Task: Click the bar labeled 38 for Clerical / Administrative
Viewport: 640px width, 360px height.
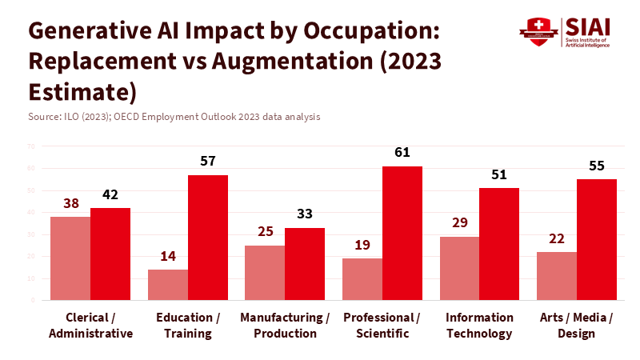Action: pyautogui.click(x=70, y=258)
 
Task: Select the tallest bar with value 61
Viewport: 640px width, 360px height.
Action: pyautogui.click(x=402, y=233)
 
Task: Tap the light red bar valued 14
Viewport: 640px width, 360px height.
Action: pyautogui.click(x=168, y=284)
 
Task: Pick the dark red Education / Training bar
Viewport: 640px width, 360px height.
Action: pyautogui.click(x=208, y=237)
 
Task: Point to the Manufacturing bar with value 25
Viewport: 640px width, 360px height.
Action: pyautogui.click(x=265, y=272)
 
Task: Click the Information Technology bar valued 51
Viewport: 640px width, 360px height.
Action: pyautogui.click(x=499, y=243)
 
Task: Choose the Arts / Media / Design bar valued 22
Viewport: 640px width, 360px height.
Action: pyautogui.click(x=557, y=275)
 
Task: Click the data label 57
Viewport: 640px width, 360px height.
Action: pyautogui.click(x=208, y=161)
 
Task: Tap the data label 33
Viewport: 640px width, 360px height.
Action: pyautogui.click(x=305, y=214)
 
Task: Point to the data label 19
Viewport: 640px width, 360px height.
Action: pyautogui.click(x=362, y=245)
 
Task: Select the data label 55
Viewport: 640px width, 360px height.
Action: pyautogui.click(x=597, y=166)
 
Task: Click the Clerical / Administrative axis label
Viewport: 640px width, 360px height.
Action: pyautogui.click(x=90, y=326)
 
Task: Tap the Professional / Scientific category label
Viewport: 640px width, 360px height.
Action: pyautogui.click(x=382, y=326)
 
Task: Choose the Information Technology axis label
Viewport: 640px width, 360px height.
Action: pyautogui.click(x=479, y=326)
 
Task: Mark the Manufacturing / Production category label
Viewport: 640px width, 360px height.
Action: pyautogui.click(x=285, y=326)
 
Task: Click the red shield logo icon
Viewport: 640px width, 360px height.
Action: pyautogui.click(x=534, y=32)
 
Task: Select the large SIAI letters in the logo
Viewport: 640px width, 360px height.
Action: pyautogui.click(x=586, y=26)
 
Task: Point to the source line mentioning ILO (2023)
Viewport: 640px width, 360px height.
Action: pyautogui.click(x=174, y=117)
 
